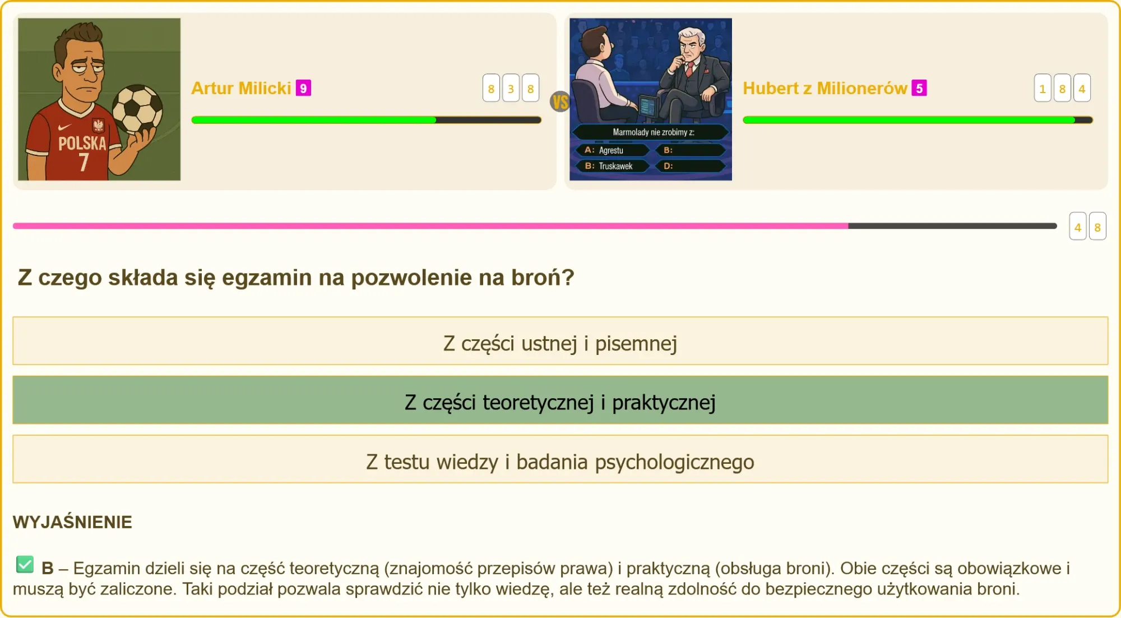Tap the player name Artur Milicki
tap(241, 88)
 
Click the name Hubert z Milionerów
tap(824, 88)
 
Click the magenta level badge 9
tap(303, 88)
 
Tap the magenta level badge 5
tap(919, 88)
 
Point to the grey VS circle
tap(560, 102)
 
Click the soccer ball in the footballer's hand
tap(137, 109)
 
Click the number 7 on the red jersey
tap(84, 162)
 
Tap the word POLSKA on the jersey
tap(82, 144)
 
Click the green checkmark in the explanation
tap(25, 564)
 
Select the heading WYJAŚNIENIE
tap(72, 522)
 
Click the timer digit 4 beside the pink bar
tap(1077, 227)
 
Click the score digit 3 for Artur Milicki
tap(511, 88)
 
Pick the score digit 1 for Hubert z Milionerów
tap(1043, 88)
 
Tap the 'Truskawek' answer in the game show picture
tap(615, 166)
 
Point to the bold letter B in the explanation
tap(48, 568)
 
